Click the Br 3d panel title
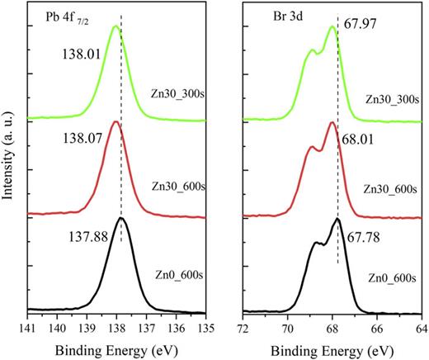coord(268,16)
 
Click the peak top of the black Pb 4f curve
coord(121,218)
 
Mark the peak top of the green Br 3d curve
coord(332,26)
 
